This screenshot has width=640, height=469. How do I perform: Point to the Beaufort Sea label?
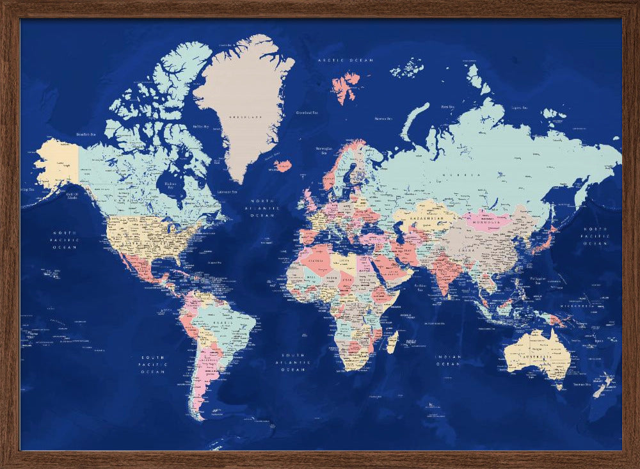click(x=85, y=134)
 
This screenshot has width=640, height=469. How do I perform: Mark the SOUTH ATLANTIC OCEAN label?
click(x=293, y=362)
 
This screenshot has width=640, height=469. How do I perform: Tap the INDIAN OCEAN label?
click(x=447, y=360)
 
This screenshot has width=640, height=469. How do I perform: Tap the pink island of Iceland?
click(x=282, y=165)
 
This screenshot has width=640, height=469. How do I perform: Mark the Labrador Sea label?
click(x=227, y=191)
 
